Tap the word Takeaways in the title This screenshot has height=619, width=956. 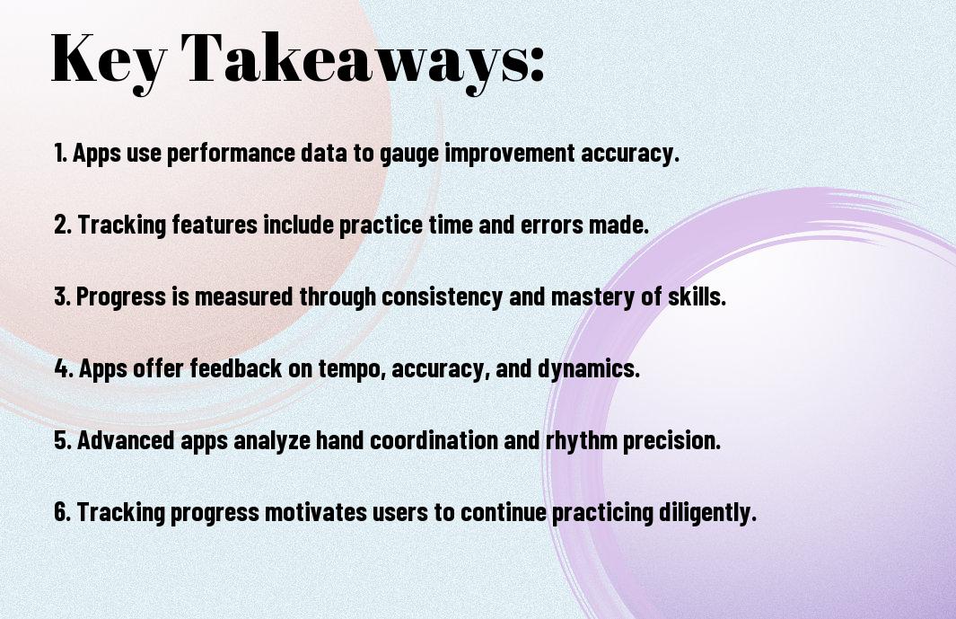pyautogui.click(x=355, y=60)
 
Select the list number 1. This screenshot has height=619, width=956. pyautogui.click(x=60, y=153)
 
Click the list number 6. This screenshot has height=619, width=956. pyautogui.click(x=63, y=511)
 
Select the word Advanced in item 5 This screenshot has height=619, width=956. pyautogui.click(x=127, y=439)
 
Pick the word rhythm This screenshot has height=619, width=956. pyautogui.click(x=581, y=441)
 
